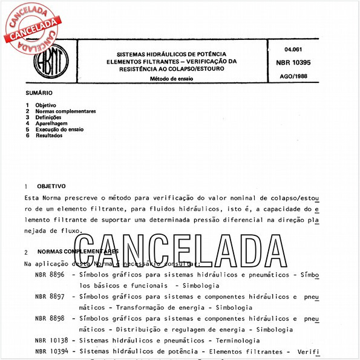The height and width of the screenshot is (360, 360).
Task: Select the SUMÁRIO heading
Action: (x=39, y=93)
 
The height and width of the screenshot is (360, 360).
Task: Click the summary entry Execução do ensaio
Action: (x=59, y=129)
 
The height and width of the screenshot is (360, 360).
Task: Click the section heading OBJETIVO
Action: (x=51, y=186)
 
